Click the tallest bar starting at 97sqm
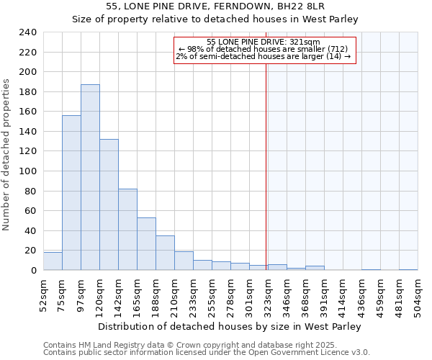click(90, 177)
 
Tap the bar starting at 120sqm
click(109, 204)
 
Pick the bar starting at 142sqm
click(127, 229)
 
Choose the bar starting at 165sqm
click(146, 243)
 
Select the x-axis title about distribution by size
click(229, 326)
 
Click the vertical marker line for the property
click(266, 158)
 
